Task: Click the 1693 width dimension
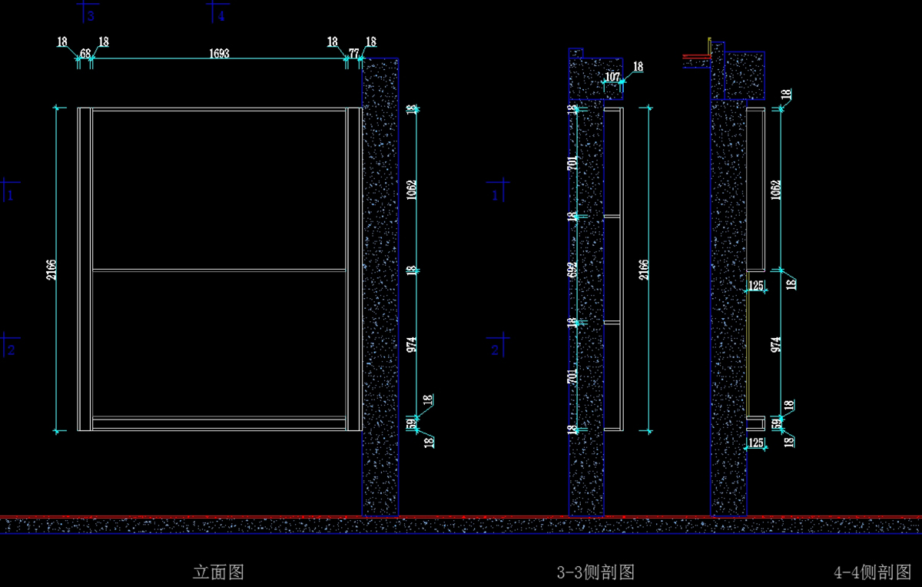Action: point(219,54)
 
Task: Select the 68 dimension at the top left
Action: point(85,54)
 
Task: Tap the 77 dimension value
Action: point(353,54)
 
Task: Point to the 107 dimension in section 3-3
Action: point(612,77)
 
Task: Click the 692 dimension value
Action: point(572,270)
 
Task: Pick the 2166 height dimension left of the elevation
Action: point(51,270)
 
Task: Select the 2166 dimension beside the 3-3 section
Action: point(644,270)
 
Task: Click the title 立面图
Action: point(218,572)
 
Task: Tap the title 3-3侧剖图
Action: point(595,572)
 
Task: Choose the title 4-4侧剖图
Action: point(872,572)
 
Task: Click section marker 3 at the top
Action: point(91,15)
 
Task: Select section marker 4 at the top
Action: point(221,15)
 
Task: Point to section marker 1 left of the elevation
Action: point(11,195)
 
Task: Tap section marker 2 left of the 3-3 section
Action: point(495,350)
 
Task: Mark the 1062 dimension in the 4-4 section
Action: point(776,190)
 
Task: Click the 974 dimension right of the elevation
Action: point(412,343)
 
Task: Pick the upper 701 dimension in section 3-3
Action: point(572,163)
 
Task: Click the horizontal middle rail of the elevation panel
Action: point(219,270)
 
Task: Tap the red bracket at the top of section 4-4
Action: point(696,56)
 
